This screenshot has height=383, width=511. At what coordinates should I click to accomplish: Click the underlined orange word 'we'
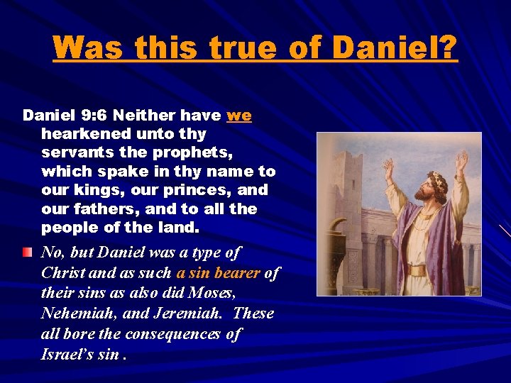click(x=239, y=115)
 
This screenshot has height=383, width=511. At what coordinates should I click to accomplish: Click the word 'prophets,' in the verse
click(x=185, y=152)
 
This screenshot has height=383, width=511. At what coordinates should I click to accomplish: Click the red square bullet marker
click(x=27, y=252)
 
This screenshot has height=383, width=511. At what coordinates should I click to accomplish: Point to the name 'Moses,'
click(x=216, y=293)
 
